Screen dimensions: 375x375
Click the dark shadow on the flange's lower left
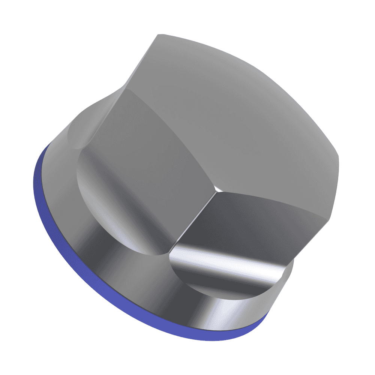tap(112, 270)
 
